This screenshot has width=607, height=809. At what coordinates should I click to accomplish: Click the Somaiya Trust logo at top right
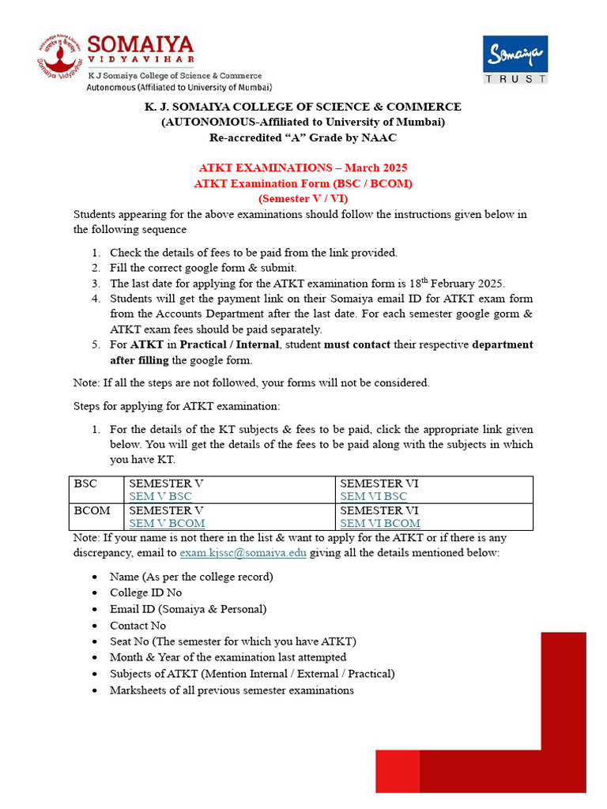[x=515, y=59]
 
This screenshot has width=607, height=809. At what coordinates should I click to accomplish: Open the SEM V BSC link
[x=160, y=496]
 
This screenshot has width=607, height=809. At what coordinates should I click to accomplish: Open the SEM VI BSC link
[x=373, y=496]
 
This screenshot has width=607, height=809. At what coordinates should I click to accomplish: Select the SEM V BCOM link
[x=167, y=523]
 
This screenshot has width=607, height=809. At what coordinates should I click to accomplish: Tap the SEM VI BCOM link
[x=379, y=523]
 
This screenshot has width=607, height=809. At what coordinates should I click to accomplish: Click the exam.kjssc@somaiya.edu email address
[x=243, y=552]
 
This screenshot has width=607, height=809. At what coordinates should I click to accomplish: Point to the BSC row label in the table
[x=85, y=483]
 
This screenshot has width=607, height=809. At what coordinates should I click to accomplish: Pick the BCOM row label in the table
[x=92, y=510]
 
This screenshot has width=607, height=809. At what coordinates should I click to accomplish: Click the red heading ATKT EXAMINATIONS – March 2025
[x=303, y=168]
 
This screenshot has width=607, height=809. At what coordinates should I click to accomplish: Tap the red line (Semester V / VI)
[x=303, y=198]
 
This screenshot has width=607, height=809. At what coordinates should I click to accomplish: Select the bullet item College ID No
[x=145, y=593]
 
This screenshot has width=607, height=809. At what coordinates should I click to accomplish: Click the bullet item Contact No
[x=138, y=625]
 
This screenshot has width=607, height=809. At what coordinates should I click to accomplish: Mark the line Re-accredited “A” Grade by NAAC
[x=303, y=137]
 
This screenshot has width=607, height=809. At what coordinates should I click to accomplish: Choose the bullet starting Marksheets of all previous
[x=232, y=690]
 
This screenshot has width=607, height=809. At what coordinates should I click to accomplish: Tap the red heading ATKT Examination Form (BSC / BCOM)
[x=303, y=183]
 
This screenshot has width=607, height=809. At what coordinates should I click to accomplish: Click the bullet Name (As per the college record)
[x=191, y=577]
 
